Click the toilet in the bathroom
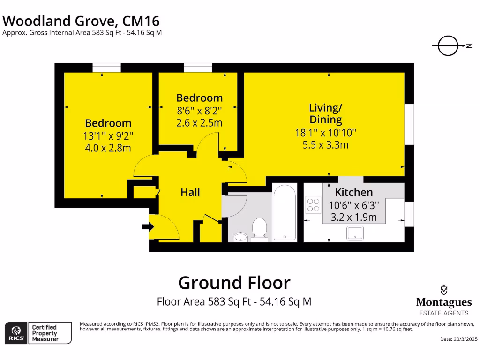coord(259,228)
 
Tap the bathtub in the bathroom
coord(285,213)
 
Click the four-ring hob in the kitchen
coord(313,205)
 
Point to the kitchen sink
coord(354,232)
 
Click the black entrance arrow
coord(148,227)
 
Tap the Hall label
coord(190,192)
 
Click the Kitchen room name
coord(354,192)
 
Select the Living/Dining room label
coord(325,113)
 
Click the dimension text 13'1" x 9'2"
coord(108,136)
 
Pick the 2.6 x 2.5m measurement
coord(199,123)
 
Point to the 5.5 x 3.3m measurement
coord(325,145)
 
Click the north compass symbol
coord(449,46)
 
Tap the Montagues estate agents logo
coord(443,300)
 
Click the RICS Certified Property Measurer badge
coord(38,332)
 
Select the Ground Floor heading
coord(234,283)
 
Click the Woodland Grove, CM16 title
coord(81,21)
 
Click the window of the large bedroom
coord(106,68)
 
